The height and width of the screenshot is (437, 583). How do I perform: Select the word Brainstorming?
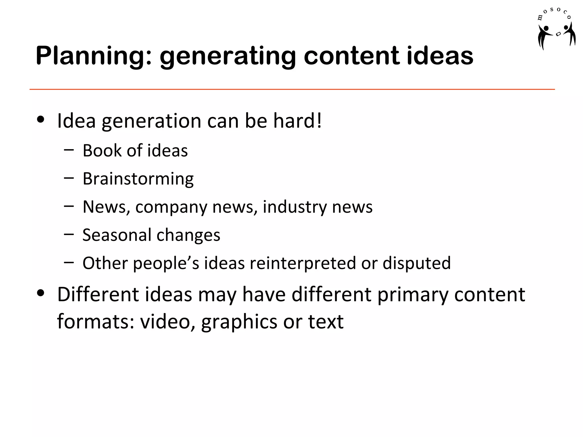tap(138, 179)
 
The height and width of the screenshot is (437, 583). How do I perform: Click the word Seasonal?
tap(117, 235)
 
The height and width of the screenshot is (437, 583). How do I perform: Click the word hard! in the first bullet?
tap(297, 121)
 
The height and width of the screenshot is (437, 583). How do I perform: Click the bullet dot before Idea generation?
tap(41, 120)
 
